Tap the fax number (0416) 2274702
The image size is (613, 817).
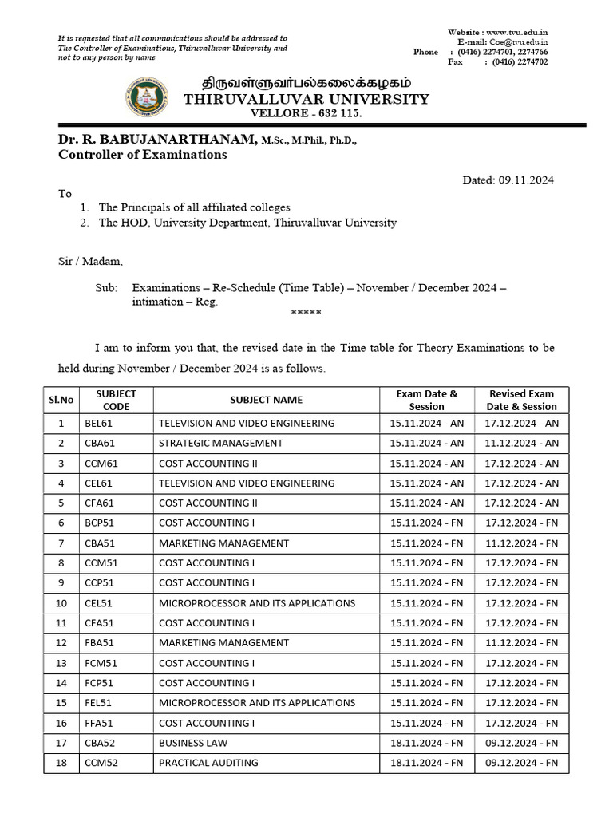tap(520, 61)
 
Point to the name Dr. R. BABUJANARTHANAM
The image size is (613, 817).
tap(157, 140)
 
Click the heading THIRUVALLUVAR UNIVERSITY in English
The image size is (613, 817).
tap(306, 99)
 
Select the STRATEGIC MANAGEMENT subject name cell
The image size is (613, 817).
tap(221, 444)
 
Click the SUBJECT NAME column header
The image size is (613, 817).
tap(267, 400)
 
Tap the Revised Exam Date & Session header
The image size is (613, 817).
tap(522, 400)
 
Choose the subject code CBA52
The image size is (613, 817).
tap(100, 743)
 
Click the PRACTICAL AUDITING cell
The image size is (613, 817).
tap(208, 763)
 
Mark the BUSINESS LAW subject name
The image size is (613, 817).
tap(194, 743)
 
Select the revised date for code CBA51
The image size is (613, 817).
tap(522, 543)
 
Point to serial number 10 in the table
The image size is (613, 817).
tap(61, 603)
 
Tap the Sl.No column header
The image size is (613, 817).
tap(61, 400)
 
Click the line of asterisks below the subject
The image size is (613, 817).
tap(306, 314)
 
